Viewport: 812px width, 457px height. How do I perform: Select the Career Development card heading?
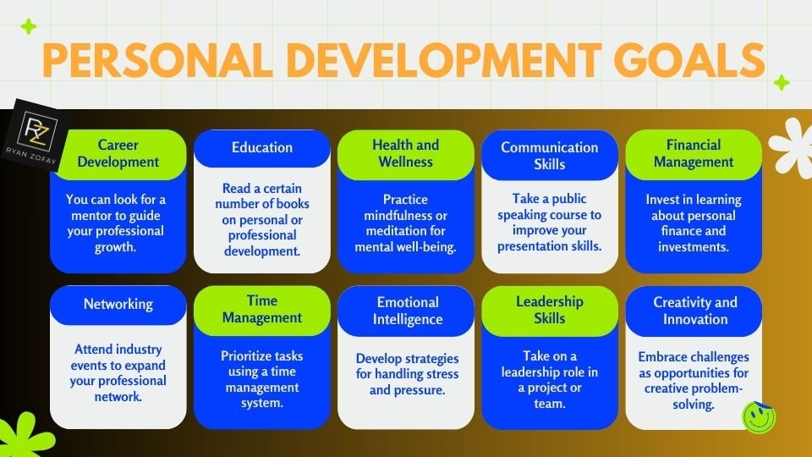(x=118, y=153)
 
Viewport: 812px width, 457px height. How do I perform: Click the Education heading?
(x=262, y=147)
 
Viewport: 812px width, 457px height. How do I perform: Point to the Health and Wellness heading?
(x=406, y=153)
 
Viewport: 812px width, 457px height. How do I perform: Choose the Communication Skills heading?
(x=550, y=156)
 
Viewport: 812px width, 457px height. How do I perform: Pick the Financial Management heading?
(x=694, y=153)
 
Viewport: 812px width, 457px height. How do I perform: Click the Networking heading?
(x=118, y=304)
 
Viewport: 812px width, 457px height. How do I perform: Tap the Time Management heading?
(x=262, y=309)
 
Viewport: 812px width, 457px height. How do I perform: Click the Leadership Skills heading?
(x=550, y=309)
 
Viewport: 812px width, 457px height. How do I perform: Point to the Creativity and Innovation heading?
(x=694, y=311)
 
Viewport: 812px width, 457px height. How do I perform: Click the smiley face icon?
(x=758, y=416)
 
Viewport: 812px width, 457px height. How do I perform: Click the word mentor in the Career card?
(x=88, y=215)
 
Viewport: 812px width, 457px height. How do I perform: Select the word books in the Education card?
(x=292, y=204)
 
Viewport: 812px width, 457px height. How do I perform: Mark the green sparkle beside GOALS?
(x=782, y=83)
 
